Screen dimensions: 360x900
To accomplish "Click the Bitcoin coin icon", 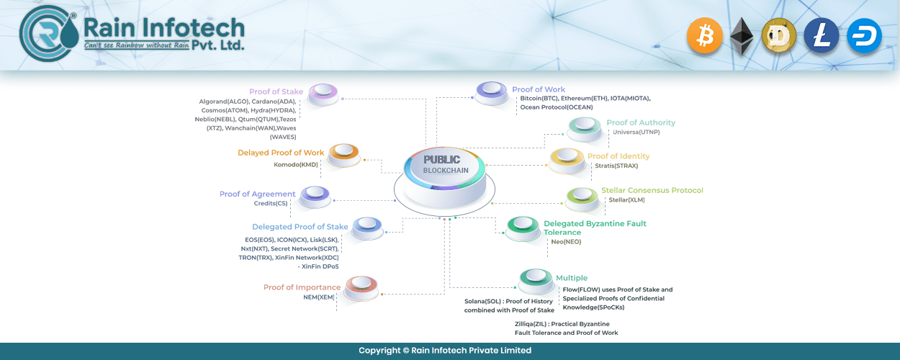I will coord(704,36).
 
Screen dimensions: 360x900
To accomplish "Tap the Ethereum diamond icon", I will coord(742,37).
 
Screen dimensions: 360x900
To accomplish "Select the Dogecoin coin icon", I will coord(779,36).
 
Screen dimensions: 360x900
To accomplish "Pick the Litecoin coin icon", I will coord(821,36).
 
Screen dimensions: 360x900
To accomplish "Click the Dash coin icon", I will coord(864,36).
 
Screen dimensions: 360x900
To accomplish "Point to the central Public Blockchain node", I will coord(445,180).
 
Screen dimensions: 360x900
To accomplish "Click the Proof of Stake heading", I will coord(276,91).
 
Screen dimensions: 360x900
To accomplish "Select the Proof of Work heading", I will coord(539,89).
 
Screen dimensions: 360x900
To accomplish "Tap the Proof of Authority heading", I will coord(641,122).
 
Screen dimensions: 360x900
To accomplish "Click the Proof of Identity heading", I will coord(618,156).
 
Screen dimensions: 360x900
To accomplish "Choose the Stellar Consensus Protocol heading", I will coord(652,190).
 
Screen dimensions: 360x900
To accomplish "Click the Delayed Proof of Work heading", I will coord(281,153).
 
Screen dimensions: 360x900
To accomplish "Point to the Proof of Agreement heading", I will coord(257,194).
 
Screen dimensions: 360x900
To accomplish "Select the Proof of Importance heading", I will coord(302,287).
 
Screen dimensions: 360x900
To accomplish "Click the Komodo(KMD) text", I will coord(295,164).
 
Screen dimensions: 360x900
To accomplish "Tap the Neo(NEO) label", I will coord(566,242).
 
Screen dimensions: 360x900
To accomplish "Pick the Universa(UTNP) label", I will coord(636,132).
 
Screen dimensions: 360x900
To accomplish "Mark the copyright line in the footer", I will coord(445,351).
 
